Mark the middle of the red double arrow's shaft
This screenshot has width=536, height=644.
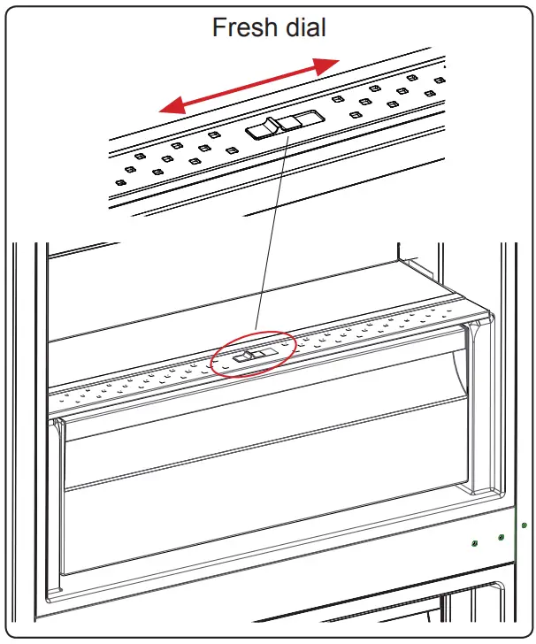[x=249, y=86]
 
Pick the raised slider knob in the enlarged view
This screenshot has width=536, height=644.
[x=264, y=129]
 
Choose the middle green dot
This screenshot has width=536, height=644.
[x=501, y=537]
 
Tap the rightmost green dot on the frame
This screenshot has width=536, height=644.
[x=525, y=525]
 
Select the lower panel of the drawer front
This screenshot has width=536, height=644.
[x=265, y=522]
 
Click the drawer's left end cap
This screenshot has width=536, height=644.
[x=56, y=504]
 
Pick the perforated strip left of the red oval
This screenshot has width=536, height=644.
[x=133, y=383]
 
